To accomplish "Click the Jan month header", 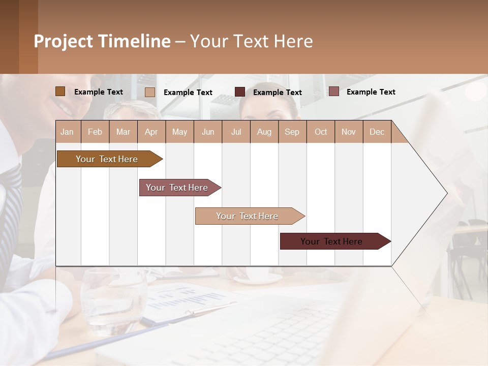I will (68, 132).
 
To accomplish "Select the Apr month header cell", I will (151, 132).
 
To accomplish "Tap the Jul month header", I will (236, 132).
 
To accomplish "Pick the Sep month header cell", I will (292, 132).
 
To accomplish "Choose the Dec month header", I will (377, 132).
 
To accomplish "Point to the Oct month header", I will (321, 132).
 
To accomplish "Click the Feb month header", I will (95, 132).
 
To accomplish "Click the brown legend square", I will (60, 91).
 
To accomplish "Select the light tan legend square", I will (150, 92).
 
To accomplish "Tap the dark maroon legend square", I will (240, 92).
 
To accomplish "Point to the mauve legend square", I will (333, 91).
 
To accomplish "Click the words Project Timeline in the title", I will (102, 41).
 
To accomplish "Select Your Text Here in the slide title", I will (251, 41).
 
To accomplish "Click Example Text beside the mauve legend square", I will (371, 92).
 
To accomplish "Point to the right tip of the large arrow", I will (446, 193).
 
